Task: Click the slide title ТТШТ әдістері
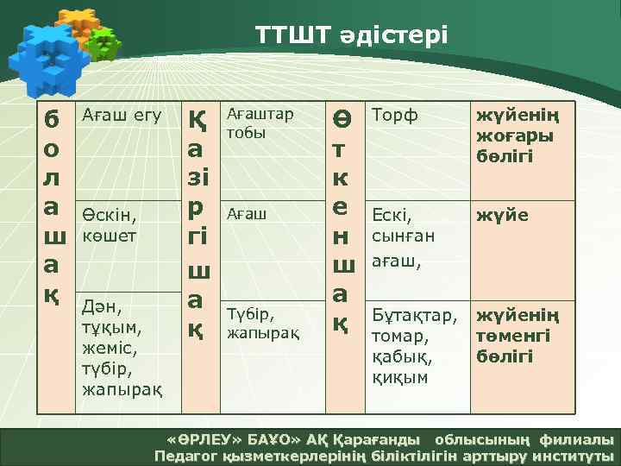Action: pos(351,35)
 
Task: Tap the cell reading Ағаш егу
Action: pos(121,115)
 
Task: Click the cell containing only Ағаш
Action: pos(247,212)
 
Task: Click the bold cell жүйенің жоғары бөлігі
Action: pos(515,135)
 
